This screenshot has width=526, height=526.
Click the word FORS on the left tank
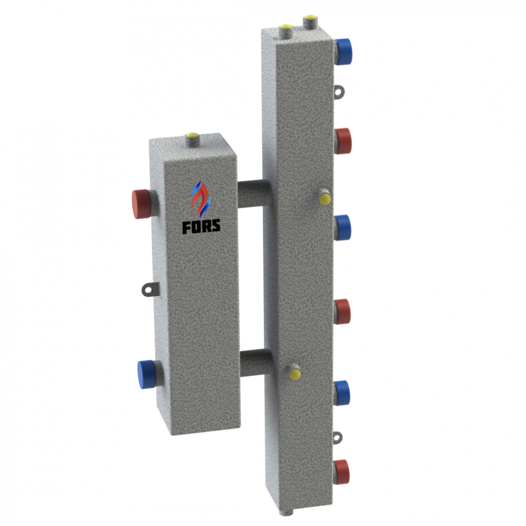(x=201, y=226)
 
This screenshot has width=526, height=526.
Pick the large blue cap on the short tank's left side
(x=146, y=375)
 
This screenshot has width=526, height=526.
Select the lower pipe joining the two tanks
(x=256, y=362)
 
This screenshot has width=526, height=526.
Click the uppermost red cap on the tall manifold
(x=343, y=141)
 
